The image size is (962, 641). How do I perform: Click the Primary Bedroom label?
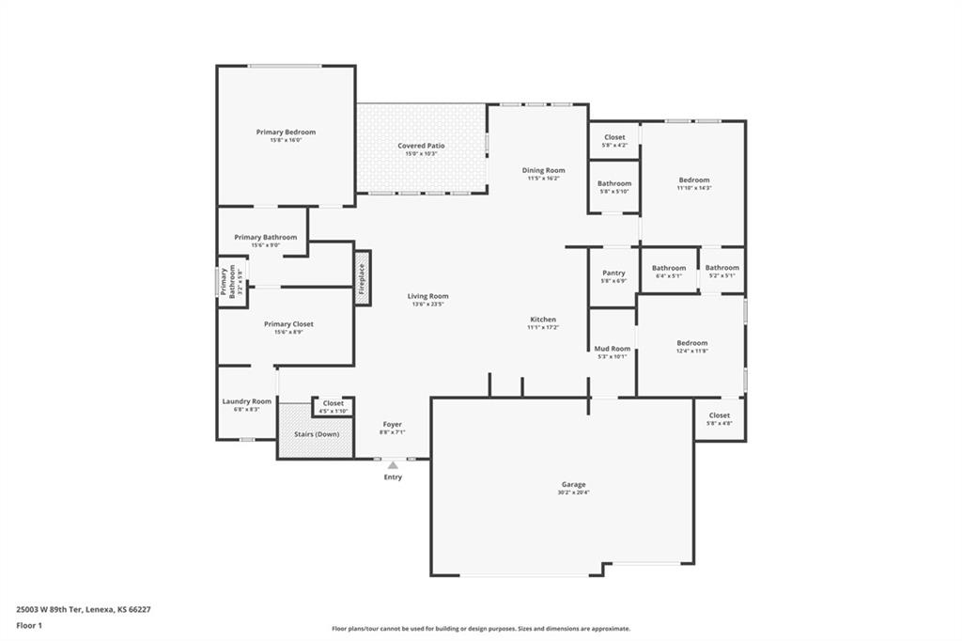point(286,133)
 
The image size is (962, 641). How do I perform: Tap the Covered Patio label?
point(421,146)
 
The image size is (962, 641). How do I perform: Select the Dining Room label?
point(543,170)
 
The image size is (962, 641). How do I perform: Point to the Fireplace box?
point(362,277)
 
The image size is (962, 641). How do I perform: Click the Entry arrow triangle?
point(393,465)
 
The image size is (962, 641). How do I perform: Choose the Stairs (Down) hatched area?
point(315,433)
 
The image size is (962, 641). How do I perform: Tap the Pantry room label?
point(613,273)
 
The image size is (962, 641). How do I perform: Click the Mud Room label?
point(613,349)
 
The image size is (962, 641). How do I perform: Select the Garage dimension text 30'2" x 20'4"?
point(572,492)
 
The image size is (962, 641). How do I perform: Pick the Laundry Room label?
point(246,401)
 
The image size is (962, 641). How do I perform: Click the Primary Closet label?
point(288,324)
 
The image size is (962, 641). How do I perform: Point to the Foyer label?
point(392,424)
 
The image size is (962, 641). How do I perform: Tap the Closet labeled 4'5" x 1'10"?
point(334,403)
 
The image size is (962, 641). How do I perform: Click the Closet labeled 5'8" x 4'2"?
point(614,137)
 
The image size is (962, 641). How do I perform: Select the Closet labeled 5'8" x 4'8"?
point(719,414)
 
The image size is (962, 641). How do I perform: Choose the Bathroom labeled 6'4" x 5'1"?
point(669,268)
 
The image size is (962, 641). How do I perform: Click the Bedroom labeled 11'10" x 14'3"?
point(694,180)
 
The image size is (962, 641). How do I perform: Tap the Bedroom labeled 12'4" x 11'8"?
point(692,343)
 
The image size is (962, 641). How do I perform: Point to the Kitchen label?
point(543,320)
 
